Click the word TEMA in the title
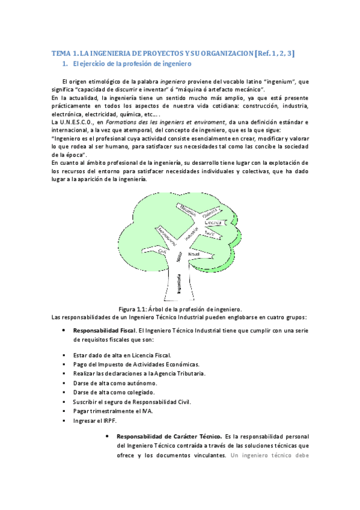point(60,53)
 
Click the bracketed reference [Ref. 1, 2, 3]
point(275,53)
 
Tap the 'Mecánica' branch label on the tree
point(188,209)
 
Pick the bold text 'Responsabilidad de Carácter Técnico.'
point(169,435)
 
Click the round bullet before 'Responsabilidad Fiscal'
point(64,331)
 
